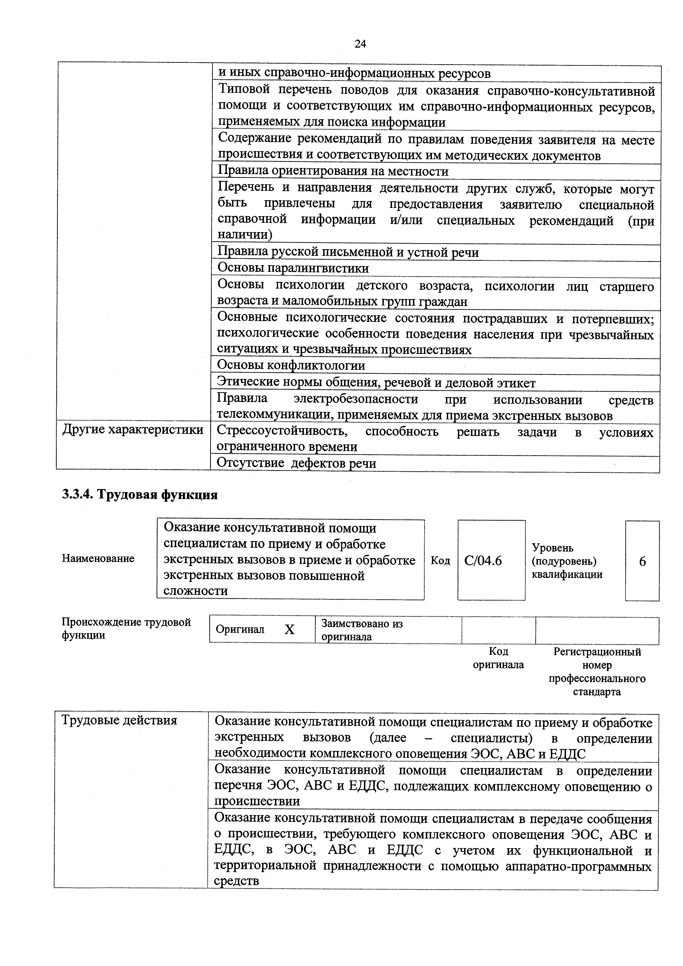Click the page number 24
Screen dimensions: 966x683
pyautogui.click(x=360, y=44)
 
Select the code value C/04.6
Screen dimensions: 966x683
pyautogui.click(x=483, y=561)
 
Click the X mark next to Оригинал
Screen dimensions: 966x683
pyautogui.click(x=289, y=629)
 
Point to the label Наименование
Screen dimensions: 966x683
pyautogui.click(x=98, y=558)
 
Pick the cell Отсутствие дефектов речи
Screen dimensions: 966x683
pyautogui.click(x=296, y=463)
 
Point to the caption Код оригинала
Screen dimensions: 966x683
pyautogui.click(x=498, y=658)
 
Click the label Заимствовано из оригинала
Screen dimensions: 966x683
pyautogui.click(x=362, y=630)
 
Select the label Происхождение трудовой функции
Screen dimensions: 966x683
pyautogui.click(x=126, y=629)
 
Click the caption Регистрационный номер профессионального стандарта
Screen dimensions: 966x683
pyautogui.click(x=597, y=671)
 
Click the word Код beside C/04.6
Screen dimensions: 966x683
pyautogui.click(x=440, y=561)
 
